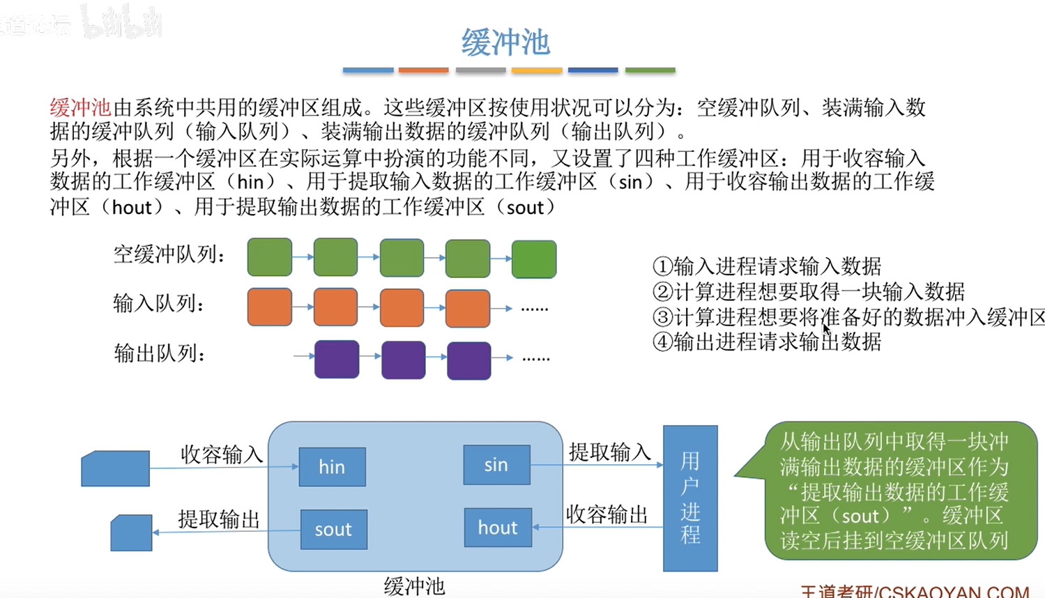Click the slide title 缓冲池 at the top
(x=505, y=43)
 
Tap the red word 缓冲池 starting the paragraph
(x=80, y=107)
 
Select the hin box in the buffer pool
(x=332, y=466)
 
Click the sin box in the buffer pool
(x=496, y=465)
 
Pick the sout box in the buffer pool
(x=333, y=529)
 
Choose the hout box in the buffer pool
(x=498, y=528)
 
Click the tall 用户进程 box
(x=690, y=498)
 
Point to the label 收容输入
(x=221, y=454)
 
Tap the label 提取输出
(x=218, y=519)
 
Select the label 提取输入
(x=609, y=452)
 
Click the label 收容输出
(x=607, y=515)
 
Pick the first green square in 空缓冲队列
(x=270, y=257)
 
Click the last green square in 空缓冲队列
(x=534, y=259)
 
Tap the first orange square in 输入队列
(x=270, y=307)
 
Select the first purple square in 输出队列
(x=337, y=360)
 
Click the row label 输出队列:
(x=160, y=354)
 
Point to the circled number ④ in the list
(x=662, y=342)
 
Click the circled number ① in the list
(x=662, y=266)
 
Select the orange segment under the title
(x=423, y=70)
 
